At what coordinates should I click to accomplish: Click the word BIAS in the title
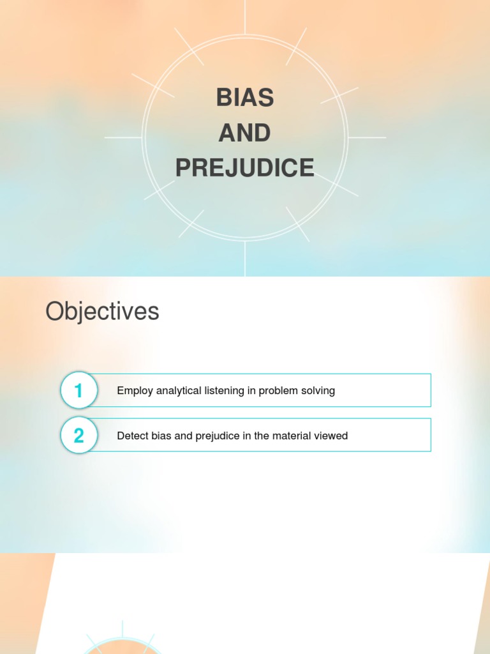point(245,98)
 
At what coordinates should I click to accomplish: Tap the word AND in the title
point(245,133)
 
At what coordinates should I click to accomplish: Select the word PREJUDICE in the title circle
point(245,168)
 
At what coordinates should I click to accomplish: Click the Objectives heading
point(102,312)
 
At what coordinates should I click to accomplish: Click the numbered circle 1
point(78,390)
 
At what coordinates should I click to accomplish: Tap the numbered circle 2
point(78,436)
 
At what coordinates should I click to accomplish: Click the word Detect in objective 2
point(131,436)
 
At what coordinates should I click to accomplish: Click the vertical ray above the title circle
point(245,17)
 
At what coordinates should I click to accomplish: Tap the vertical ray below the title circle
point(245,259)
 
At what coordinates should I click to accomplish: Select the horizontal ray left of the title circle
point(123,137)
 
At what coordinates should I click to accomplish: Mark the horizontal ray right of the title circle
point(367,137)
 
